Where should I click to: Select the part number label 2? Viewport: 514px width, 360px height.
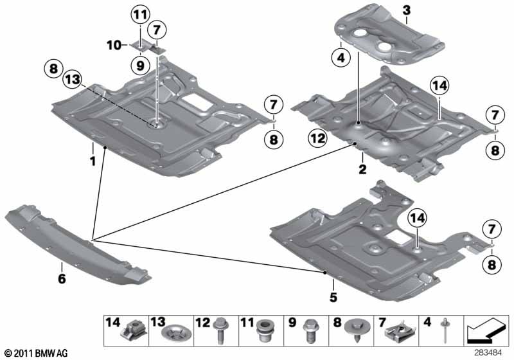(362, 169)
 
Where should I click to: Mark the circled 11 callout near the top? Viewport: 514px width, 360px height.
(140, 13)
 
